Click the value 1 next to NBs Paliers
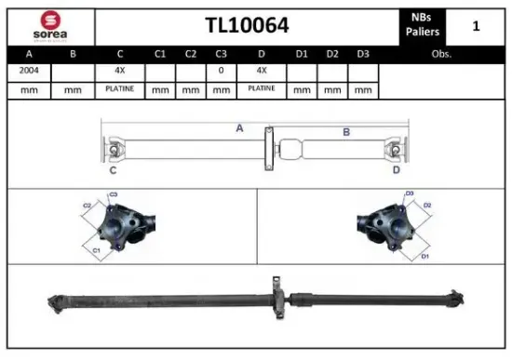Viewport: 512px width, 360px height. coord(476,26)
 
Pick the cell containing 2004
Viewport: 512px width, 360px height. coord(28,71)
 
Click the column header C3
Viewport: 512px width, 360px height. coord(221,54)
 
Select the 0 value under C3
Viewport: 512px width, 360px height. coord(221,71)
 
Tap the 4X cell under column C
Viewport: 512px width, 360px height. coord(120,71)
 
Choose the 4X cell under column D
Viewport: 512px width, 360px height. coord(262,71)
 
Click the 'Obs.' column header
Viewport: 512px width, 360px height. coord(441,54)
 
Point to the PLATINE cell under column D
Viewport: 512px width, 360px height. coord(262,89)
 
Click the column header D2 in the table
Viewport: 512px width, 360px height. coord(332,54)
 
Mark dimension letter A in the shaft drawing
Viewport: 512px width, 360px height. coord(239,128)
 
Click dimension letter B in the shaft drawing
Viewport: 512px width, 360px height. coord(345,133)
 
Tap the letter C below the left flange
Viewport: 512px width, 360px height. coord(113,170)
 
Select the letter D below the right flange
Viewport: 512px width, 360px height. coord(396,170)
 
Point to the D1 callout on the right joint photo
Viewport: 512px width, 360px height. coord(424,255)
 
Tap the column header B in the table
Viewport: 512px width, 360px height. coord(74,54)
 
